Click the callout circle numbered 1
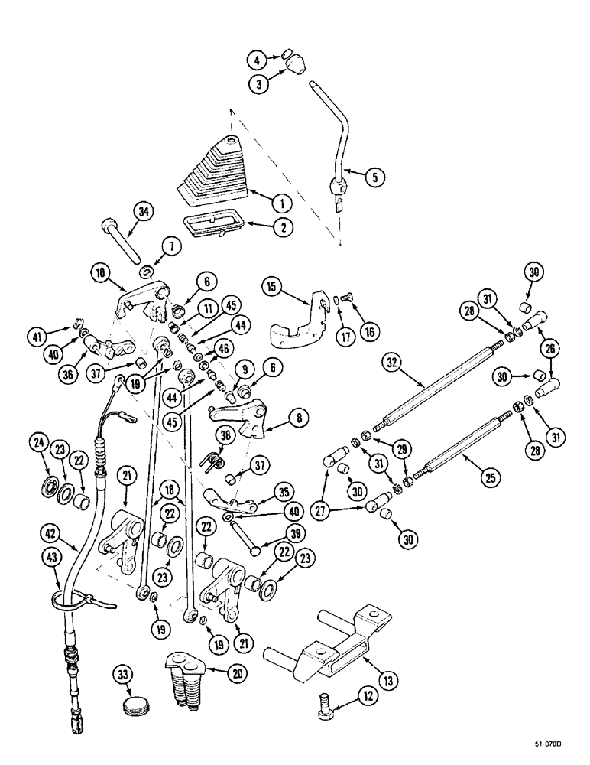pyautogui.click(x=281, y=202)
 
